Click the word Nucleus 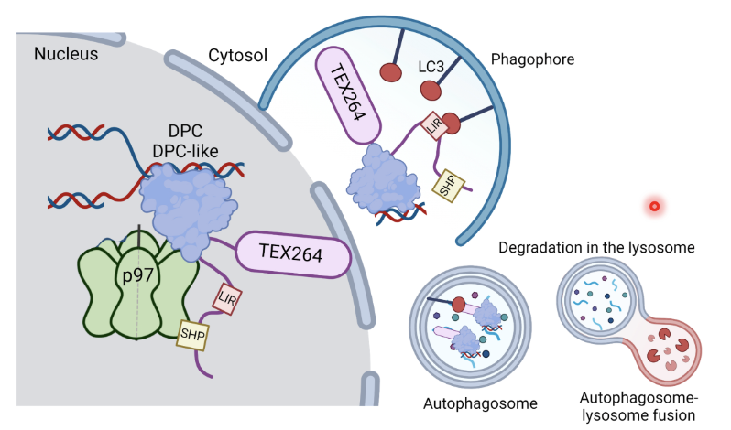point(66,54)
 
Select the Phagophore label point(532,60)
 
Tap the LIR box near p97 point(228,297)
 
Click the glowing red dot point(654,206)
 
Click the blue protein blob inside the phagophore point(381,183)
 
